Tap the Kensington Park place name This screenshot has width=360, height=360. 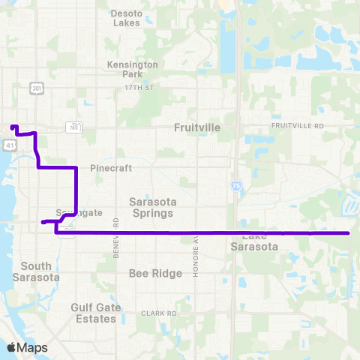(x=133, y=70)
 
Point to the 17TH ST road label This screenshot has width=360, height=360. (x=138, y=88)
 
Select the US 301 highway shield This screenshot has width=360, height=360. (x=37, y=88)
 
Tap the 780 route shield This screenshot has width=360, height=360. (x=73, y=127)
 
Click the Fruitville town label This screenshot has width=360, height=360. (x=197, y=127)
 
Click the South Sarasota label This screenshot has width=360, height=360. (x=36, y=271)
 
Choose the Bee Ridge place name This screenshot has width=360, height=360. (x=156, y=273)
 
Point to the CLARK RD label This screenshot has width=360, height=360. (x=158, y=313)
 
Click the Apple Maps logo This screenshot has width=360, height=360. (x=27, y=347)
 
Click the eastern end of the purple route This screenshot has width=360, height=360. (x=349, y=233)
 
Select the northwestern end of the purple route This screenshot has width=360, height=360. (x=13, y=126)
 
